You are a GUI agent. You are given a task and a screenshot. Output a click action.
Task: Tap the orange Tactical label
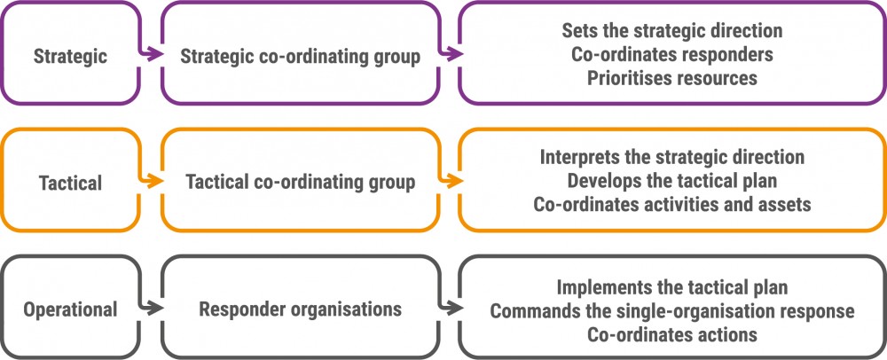pos(71,183)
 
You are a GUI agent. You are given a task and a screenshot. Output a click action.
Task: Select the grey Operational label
pos(71,309)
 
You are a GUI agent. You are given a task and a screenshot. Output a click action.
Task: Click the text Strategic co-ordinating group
pos(300,57)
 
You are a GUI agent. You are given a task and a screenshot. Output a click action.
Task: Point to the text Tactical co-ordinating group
pos(301,183)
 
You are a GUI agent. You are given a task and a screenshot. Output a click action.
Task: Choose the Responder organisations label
pos(301,309)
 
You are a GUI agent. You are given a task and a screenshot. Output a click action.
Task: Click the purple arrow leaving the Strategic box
pos(150,55)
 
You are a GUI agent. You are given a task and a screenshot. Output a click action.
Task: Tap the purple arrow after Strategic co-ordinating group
pos(451,55)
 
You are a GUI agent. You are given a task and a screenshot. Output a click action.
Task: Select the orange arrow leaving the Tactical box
pos(150,182)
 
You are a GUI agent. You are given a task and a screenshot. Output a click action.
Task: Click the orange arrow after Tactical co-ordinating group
pos(451,182)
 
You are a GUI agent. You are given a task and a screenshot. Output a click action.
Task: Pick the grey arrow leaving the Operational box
pos(150,309)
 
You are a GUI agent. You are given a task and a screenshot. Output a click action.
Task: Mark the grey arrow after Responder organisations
pos(451,309)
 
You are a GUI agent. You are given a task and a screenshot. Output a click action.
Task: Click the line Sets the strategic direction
pos(672,31)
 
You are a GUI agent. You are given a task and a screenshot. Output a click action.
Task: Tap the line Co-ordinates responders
pos(672,55)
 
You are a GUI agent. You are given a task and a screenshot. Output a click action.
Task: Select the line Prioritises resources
pos(672,78)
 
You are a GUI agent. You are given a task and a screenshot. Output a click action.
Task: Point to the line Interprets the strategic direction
pos(672,157)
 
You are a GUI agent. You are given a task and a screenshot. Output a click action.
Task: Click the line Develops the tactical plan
pos(672,181)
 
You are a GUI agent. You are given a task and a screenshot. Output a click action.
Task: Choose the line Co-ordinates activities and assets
pos(672,205)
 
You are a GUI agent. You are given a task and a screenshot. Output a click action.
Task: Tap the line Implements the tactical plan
pos(672,287)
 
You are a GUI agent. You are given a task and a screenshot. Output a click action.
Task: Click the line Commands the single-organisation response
pos(672,311)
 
